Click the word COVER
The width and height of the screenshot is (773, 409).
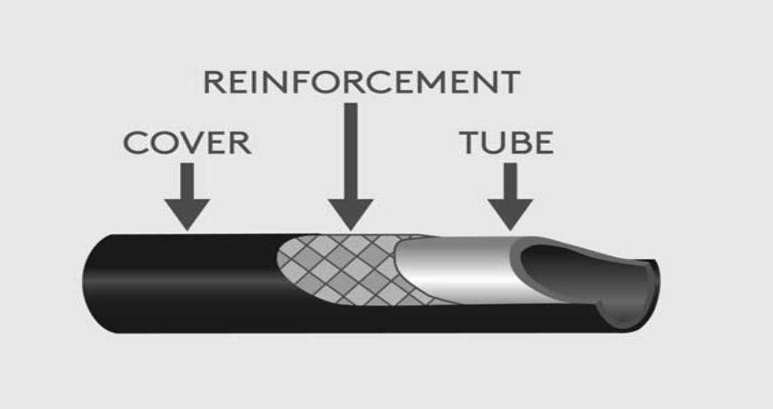186,143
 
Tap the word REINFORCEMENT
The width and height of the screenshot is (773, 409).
361,82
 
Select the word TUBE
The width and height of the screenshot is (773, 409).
506,143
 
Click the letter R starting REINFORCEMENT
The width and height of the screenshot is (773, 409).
215,82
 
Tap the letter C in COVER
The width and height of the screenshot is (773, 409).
134,143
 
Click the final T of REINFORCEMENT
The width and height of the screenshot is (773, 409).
509,82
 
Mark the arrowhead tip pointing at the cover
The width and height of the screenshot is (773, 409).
188,227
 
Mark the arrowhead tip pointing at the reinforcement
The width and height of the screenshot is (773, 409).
351,227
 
